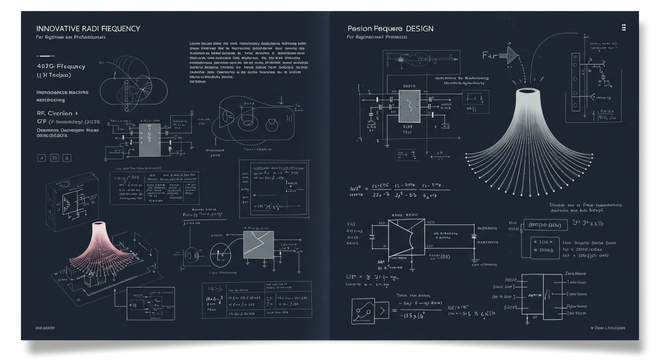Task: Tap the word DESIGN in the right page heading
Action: tap(420, 29)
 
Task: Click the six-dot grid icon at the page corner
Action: tap(623, 27)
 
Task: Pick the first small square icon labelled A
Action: tap(41, 158)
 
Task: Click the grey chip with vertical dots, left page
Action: tap(149, 140)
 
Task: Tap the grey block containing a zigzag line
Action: tap(258, 244)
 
